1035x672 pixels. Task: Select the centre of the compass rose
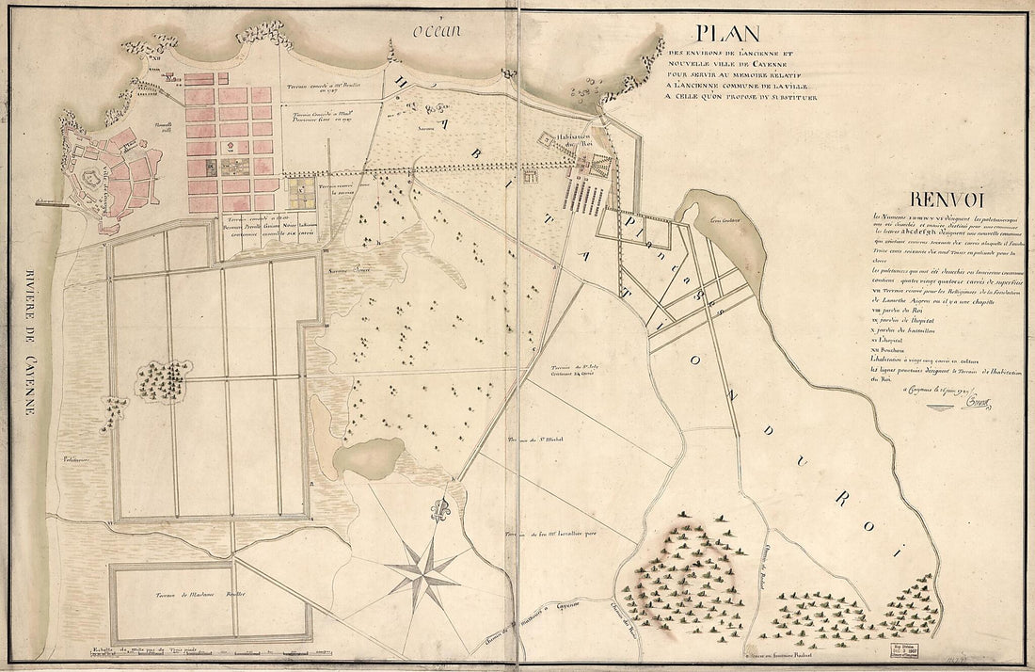422,568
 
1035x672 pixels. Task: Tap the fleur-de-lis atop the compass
439,512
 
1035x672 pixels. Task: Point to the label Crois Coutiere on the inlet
722,223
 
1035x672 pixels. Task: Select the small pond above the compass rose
360,456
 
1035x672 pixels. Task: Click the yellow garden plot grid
301,196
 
